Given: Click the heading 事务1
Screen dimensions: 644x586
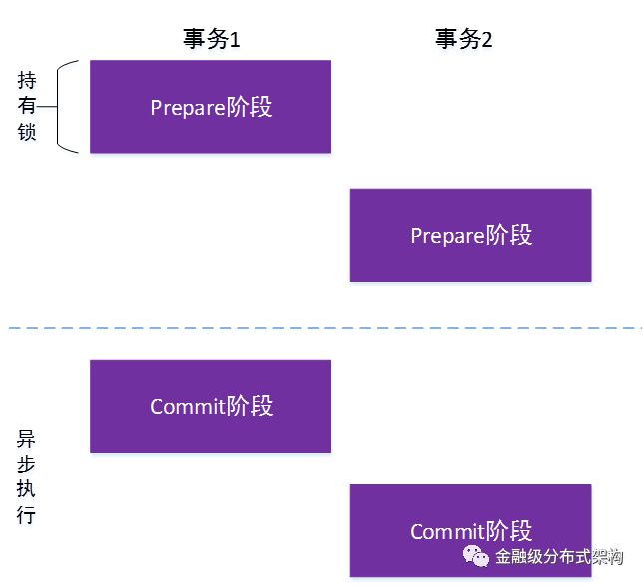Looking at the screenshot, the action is click(211, 39).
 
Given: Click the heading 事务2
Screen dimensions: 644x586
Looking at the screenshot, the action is click(463, 39).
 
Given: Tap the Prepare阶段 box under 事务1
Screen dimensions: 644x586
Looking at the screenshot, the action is click(211, 107).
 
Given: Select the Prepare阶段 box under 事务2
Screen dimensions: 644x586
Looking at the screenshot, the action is click(470, 235).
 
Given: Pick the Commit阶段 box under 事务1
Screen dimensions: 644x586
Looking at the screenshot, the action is click(211, 406).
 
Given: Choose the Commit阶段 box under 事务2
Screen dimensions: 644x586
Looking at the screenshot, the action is click(470, 530).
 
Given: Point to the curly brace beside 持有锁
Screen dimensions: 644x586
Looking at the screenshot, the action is click(58, 107).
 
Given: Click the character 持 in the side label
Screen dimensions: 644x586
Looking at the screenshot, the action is click(27, 80).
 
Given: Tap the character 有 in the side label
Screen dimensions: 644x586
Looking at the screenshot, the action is click(27, 106).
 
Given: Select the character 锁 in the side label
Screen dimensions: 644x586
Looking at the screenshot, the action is click(27, 132).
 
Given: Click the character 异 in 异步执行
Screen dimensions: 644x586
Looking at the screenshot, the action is click(26, 439).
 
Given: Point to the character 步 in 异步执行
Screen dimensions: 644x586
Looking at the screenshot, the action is click(26, 464).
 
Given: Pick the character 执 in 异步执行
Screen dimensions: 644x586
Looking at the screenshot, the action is click(26, 489).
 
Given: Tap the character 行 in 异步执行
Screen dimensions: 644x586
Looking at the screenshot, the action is click(26, 514).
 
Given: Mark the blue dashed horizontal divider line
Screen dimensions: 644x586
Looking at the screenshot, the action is click(325, 328).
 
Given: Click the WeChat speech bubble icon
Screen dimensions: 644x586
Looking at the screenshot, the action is click(476, 556).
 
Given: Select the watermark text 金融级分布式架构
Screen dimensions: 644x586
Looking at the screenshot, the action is click(559, 557).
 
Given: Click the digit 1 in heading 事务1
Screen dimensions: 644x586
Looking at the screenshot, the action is click(234, 40).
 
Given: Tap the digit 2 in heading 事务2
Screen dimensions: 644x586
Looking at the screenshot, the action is click(486, 40).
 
